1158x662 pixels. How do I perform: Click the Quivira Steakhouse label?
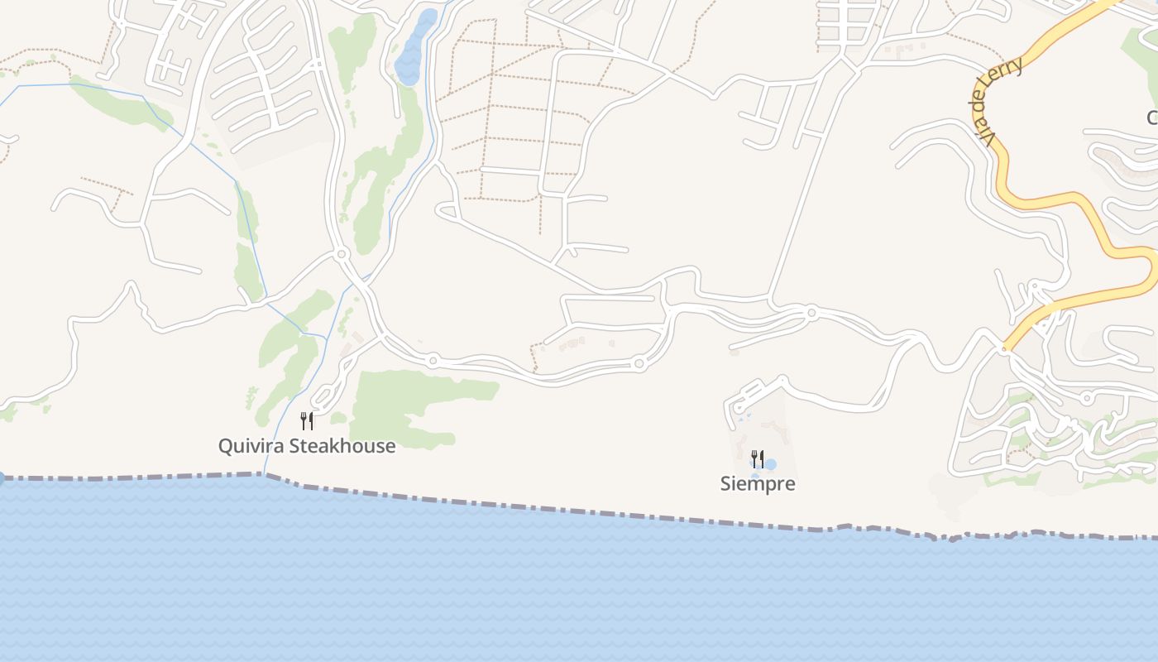306,446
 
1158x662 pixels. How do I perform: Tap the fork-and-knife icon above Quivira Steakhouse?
307,421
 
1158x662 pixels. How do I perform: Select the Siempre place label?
758,484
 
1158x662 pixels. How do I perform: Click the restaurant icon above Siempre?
757,458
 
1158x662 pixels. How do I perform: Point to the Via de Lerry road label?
998,102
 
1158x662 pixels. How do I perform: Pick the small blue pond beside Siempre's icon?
769,464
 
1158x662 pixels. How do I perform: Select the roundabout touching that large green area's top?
433,360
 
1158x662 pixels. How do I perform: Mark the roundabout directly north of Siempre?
811,313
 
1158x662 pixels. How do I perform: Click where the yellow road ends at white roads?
1005,348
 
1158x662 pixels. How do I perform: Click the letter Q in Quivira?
226,446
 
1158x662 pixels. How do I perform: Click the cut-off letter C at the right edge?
1152,118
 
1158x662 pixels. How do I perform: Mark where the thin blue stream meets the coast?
263,474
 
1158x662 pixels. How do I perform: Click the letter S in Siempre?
725,484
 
